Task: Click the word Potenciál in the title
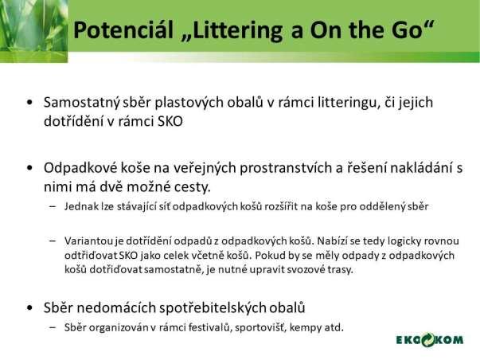click(123, 29)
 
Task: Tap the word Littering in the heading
click(233, 31)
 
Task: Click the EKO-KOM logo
click(430, 340)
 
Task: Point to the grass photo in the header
click(33, 31)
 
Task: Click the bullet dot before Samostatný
click(29, 102)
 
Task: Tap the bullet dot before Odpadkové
click(29, 168)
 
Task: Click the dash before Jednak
click(53, 206)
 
